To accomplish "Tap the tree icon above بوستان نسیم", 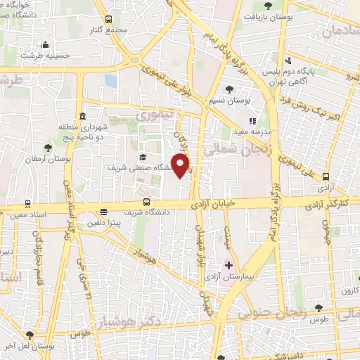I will pos(229,88).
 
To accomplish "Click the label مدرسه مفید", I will pos(255,132).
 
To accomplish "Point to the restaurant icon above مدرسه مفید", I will pos(252,121).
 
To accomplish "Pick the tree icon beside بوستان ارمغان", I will pos(47,148).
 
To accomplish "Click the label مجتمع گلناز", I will pos(108,31).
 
